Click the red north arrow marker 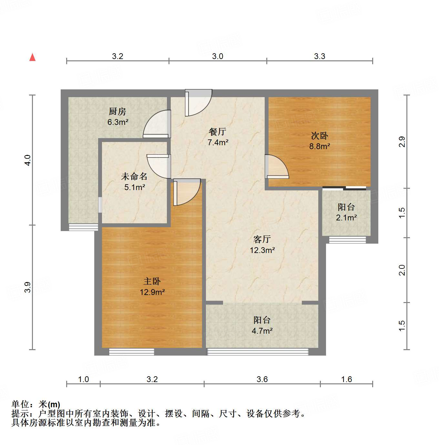pos(32,57)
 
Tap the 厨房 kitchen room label pos(117,112)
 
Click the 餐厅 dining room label pos(218,132)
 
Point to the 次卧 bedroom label pos(319,136)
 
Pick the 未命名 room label pos(134,177)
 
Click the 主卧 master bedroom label pos(152,281)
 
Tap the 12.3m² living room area pos(262,250)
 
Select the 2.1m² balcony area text pos(346,218)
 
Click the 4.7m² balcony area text pos(262,331)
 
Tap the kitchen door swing pos(158,125)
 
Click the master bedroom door pos(187,193)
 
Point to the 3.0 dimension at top pos(218,56)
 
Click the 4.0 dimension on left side pos(28,160)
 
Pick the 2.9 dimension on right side pos(402,142)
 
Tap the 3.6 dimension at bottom pos(262,379)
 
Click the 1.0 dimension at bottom pos(83,379)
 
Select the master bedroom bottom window pos(131,352)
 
